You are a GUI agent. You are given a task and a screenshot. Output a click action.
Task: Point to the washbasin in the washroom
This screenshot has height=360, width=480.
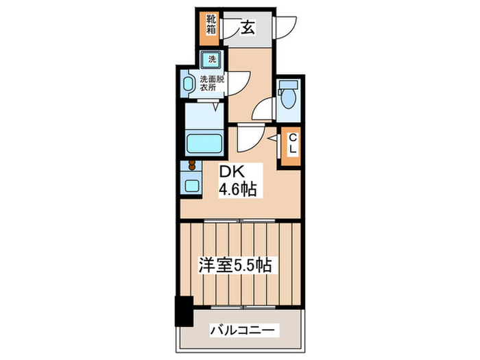(x=189, y=85)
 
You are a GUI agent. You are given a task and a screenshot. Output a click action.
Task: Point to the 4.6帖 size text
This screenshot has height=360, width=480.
(x=237, y=189)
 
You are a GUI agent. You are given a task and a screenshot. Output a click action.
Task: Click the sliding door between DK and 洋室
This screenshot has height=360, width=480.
(x=241, y=221)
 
